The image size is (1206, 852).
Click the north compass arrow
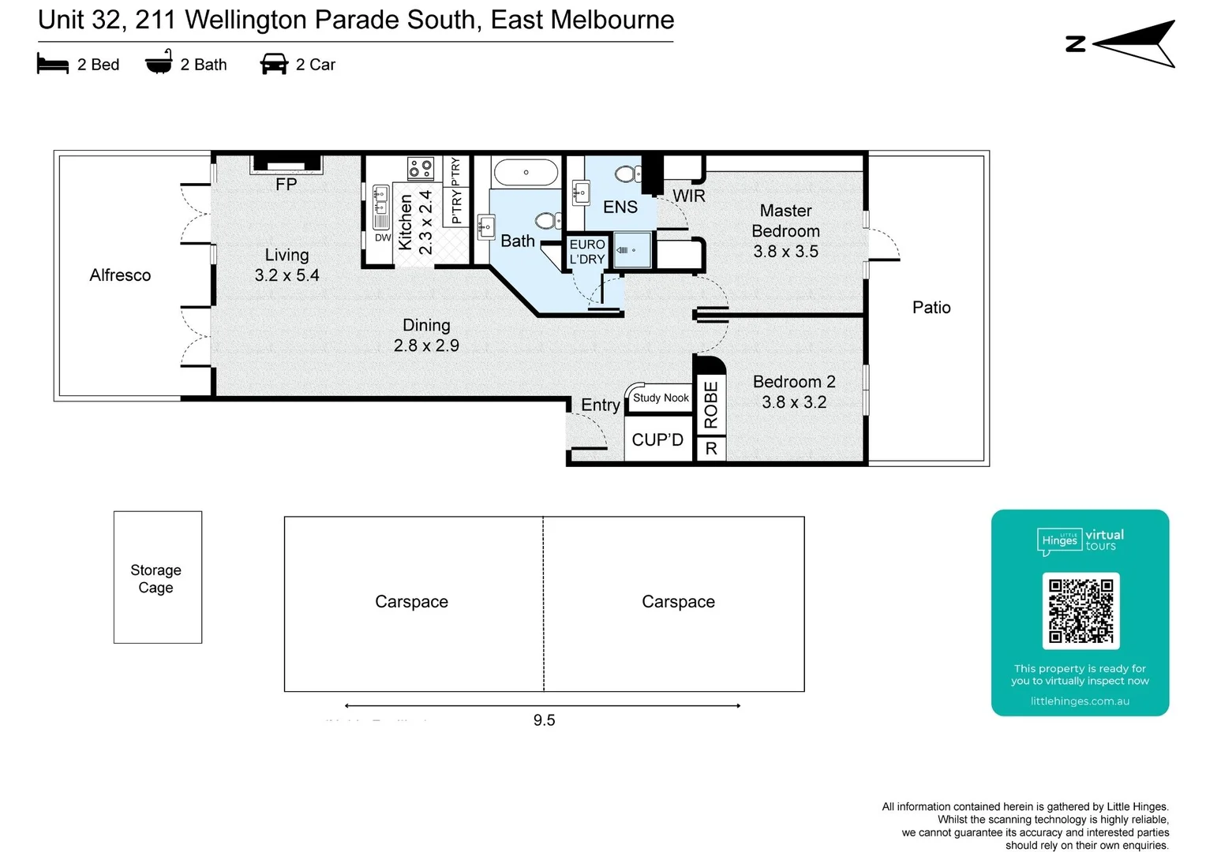1133,44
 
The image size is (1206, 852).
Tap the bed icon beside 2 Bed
53,64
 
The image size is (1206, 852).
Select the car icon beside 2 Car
274,64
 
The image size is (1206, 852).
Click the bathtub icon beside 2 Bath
159,62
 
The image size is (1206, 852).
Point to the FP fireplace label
286,185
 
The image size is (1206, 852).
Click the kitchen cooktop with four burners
420,168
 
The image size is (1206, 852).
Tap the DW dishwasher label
383,237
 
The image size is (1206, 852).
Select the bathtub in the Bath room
526,172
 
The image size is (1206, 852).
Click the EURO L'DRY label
587,252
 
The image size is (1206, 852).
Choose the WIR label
688,196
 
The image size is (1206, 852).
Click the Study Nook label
661,398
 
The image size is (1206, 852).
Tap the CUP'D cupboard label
657,440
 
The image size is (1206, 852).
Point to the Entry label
600,405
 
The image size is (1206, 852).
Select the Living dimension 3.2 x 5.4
287,275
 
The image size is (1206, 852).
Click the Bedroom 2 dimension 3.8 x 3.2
794,402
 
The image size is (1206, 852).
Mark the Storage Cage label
155,578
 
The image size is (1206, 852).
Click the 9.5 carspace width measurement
544,720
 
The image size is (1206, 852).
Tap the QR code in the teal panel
1081,611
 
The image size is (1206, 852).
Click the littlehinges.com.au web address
1080,701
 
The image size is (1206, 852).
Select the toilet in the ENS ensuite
627,174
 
